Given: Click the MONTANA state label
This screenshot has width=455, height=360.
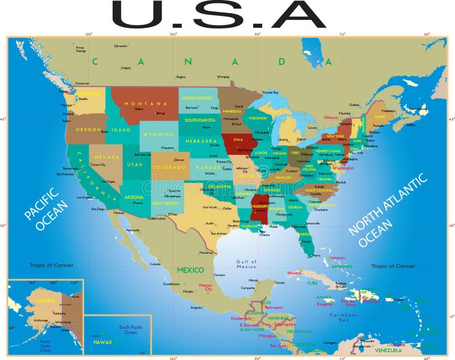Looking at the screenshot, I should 146,104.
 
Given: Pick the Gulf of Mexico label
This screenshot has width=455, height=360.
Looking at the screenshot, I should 246,263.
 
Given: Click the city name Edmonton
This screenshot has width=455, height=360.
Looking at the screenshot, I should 121,45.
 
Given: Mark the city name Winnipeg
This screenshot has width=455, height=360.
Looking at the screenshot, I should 223,76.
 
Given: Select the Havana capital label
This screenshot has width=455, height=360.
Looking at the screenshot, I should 294,273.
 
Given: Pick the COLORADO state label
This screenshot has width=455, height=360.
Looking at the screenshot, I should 169,168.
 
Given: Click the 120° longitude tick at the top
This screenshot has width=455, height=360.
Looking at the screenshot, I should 89,35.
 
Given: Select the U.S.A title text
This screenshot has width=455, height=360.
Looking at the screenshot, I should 220,15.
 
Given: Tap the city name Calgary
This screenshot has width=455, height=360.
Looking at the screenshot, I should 126,68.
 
